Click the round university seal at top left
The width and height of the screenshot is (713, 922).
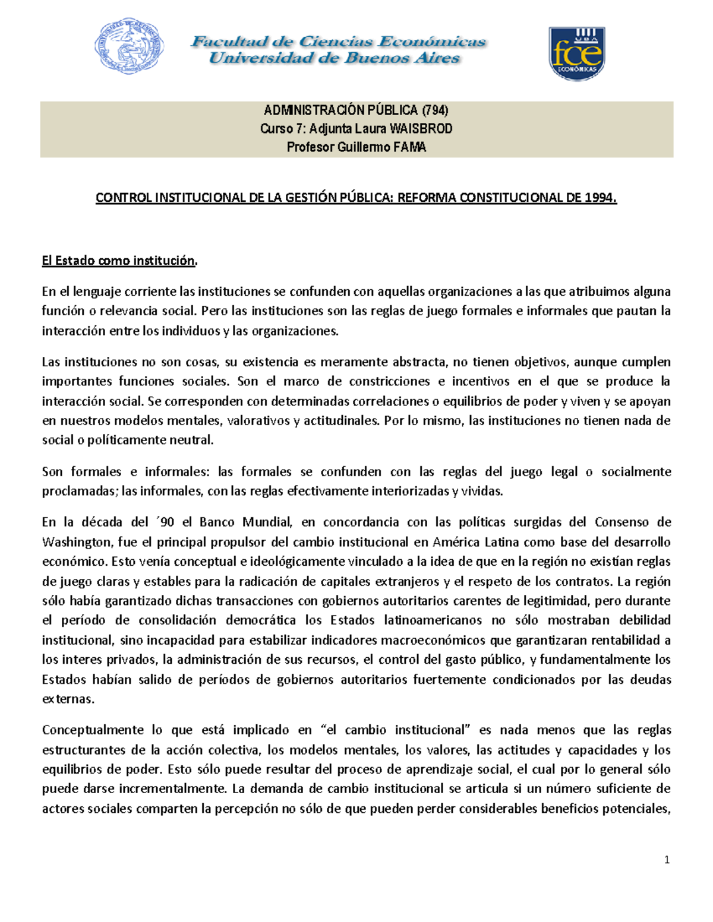pyautogui.click(x=129, y=46)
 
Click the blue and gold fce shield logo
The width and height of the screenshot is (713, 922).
pyautogui.click(x=576, y=53)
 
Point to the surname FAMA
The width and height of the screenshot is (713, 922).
pyautogui.click(x=409, y=147)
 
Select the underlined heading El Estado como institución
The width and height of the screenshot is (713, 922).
pyautogui.click(x=119, y=261)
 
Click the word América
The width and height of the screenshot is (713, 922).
pyautogui.click(x=456, y=542)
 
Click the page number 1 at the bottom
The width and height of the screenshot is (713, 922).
pyautogui.click(x=667, y=860)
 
